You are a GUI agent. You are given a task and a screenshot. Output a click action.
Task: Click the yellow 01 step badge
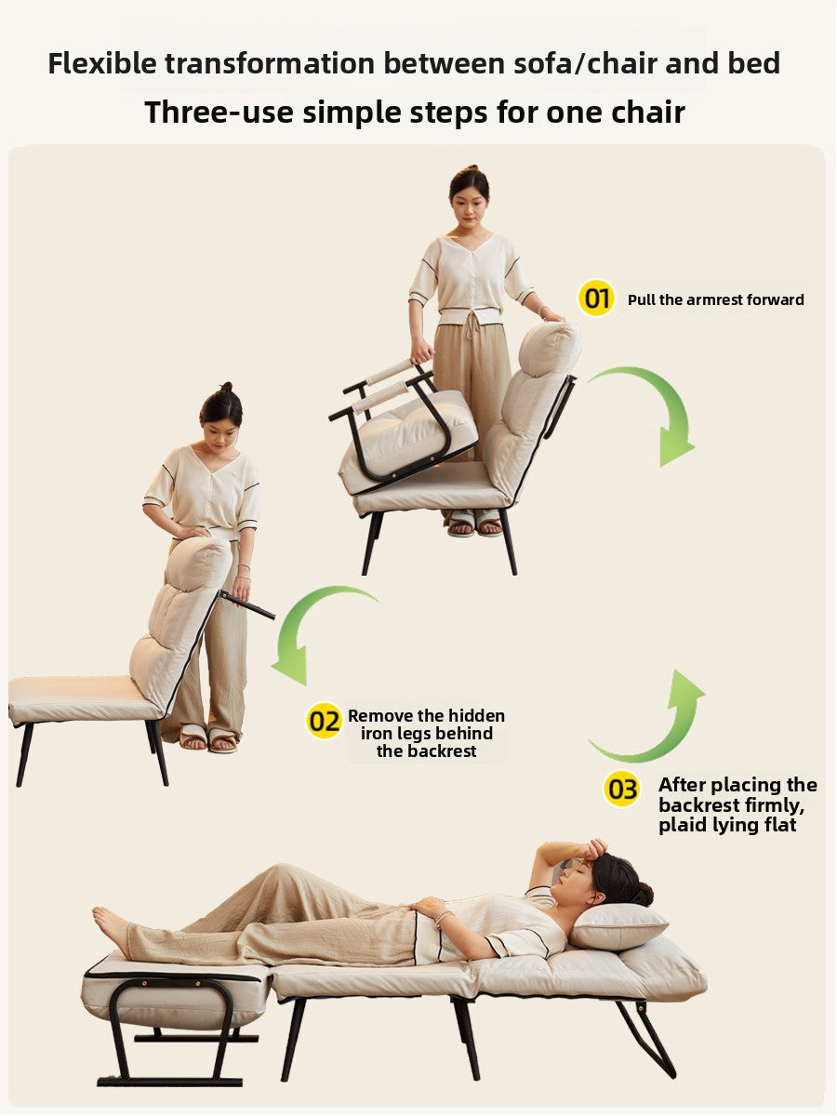click(x=596, y=298)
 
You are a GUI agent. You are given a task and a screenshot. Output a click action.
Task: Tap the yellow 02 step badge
click(x=324, y=721)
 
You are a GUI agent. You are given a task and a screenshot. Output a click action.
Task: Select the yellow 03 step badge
click(x=621, y=789)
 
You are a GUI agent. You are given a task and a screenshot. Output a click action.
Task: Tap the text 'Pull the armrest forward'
click(x=715, y=300)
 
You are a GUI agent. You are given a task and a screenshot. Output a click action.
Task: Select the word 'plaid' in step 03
click(x=681, y=826)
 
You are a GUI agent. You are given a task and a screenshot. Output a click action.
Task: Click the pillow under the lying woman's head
click(x=617, y=927)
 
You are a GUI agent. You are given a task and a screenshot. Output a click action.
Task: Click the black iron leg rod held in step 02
click(x=247, y=605)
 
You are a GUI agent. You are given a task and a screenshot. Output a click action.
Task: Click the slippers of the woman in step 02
click(x=208, y=738)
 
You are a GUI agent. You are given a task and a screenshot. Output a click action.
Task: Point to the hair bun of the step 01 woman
click(x=472, y=169)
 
